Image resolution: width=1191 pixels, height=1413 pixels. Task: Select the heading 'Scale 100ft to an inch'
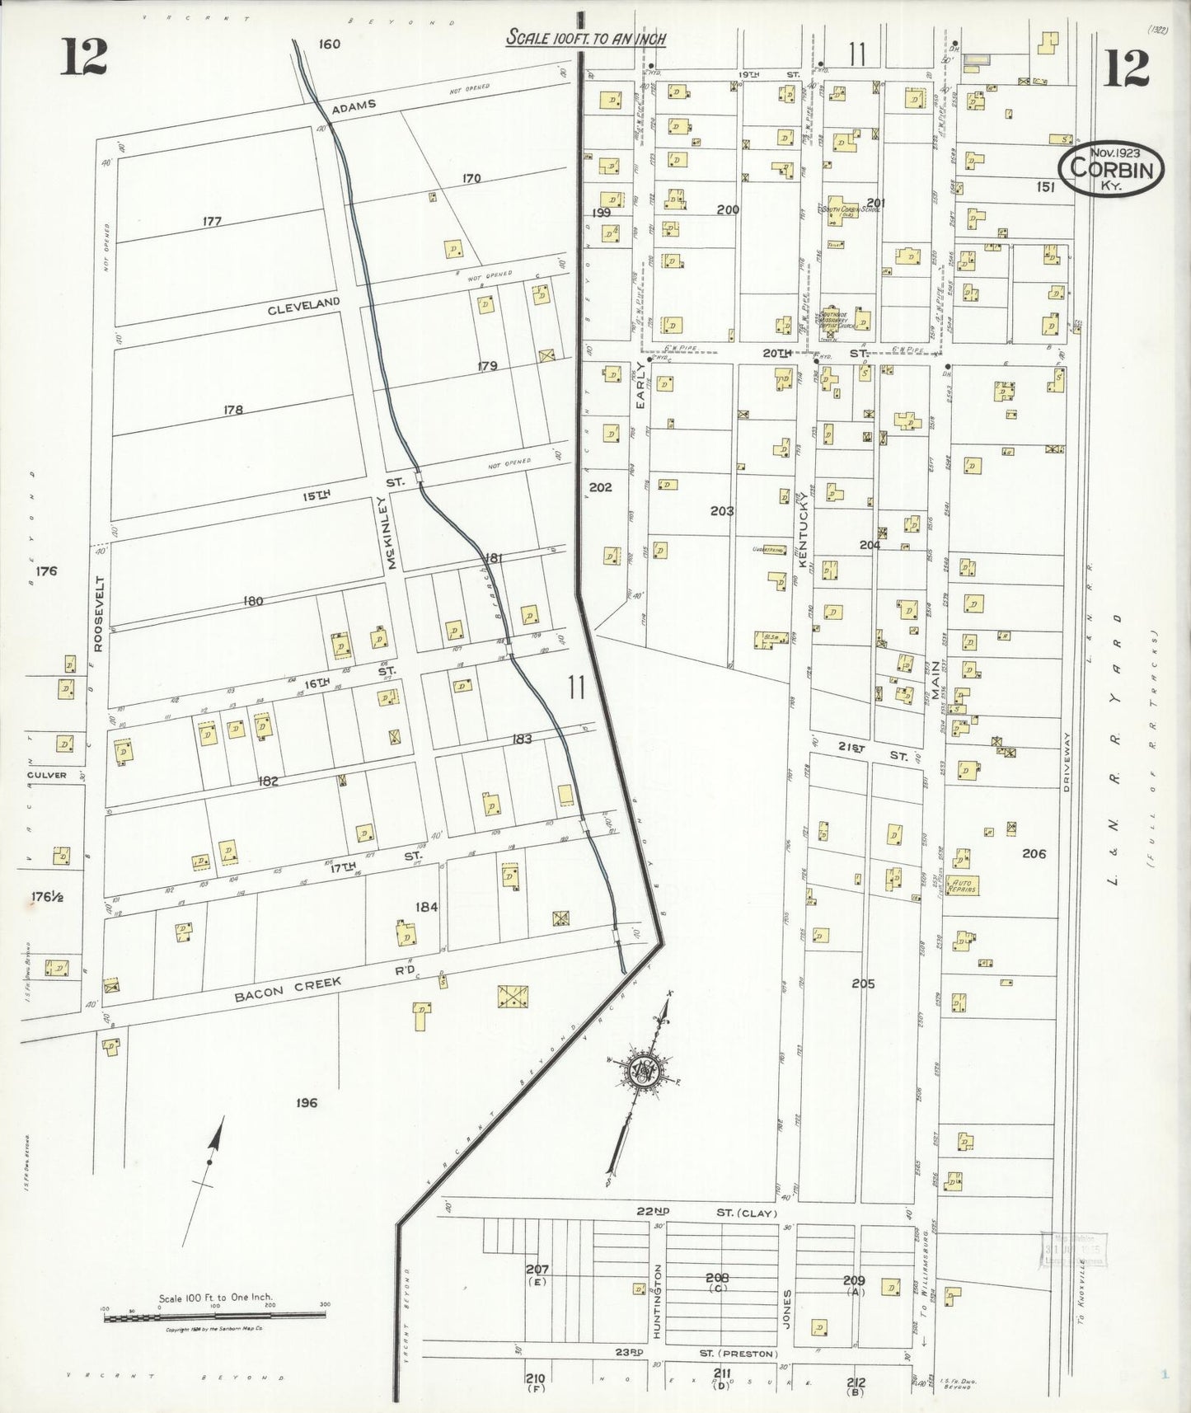click(x=586, y=37)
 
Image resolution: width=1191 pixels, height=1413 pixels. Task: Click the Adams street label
click(x=354, y=105)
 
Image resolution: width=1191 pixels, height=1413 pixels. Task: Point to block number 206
click(x=1034, y=853)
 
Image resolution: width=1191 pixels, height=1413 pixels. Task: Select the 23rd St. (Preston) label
click(x=715, y=1353)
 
